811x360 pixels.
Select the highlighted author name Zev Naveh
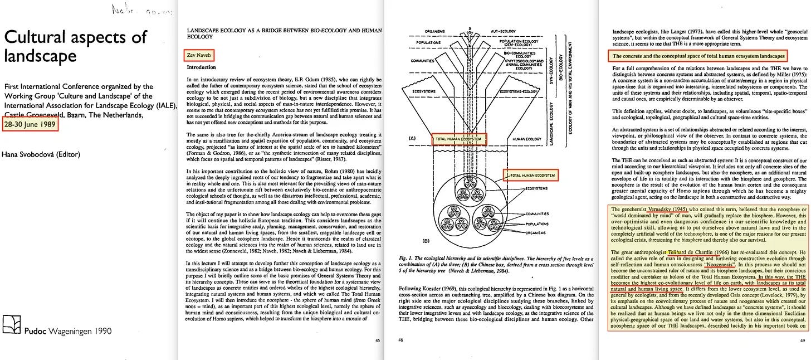pos(198,55)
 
